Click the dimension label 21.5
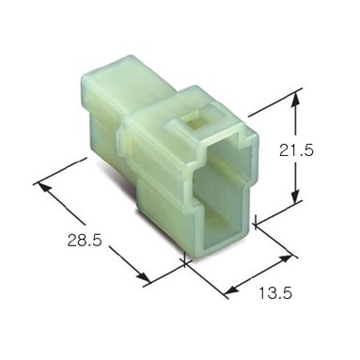point(296,151)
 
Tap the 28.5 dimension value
point(85,241)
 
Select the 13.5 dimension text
point(275,293)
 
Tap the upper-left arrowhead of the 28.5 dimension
point(44,187)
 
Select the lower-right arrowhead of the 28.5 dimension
point(143,276)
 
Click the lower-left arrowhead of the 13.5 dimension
point(232,290)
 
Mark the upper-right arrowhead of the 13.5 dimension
point(285,258)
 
